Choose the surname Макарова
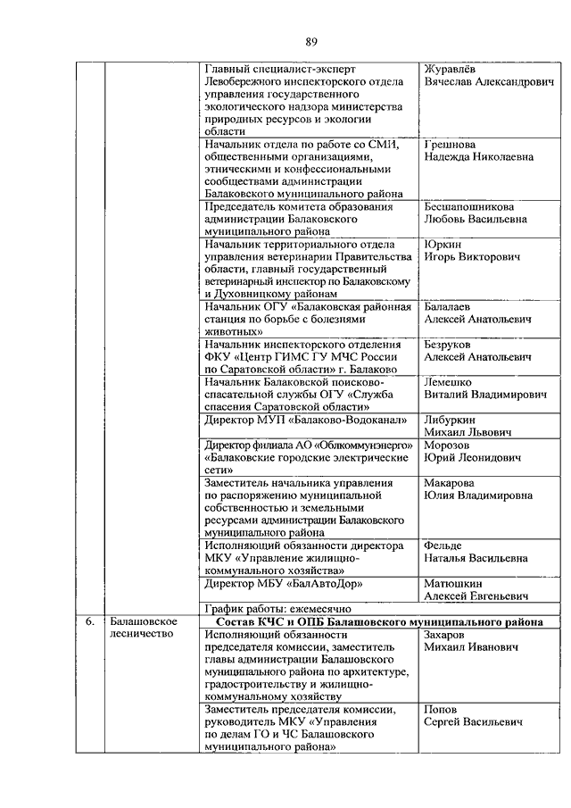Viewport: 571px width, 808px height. [x=452, y=482]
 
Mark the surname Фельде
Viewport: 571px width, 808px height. [x=446, y=545]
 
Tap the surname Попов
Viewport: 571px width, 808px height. [x=441, y=708]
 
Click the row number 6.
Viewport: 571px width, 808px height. [x=89, y=621]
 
